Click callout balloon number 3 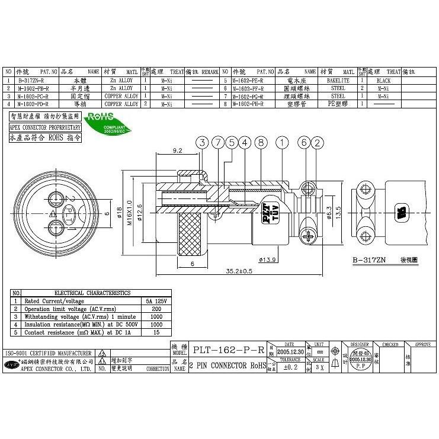click(203, 142)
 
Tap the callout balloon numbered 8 click(260, 142)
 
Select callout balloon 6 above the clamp click(305, 142)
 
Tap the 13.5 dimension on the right click(338, 212)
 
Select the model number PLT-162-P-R click(228, 350)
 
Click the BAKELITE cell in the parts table click(338, 79)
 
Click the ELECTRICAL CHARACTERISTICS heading click(92, 293)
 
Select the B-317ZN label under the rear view click(369, 259)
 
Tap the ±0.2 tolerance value click(290, 367)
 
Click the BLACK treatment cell click(383, 79)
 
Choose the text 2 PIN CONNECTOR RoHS click(228, 367)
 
